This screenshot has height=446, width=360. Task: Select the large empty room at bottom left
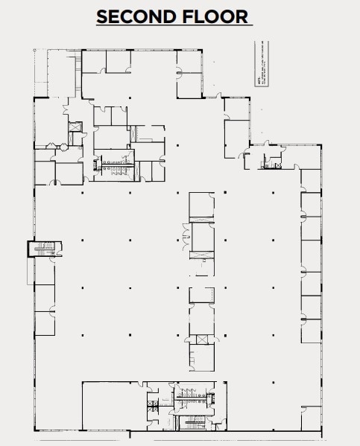coord(113,405)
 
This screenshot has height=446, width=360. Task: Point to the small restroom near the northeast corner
coord(274,160)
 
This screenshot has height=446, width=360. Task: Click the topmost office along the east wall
coord(311,179)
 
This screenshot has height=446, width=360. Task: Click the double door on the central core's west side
coord(186,242)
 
